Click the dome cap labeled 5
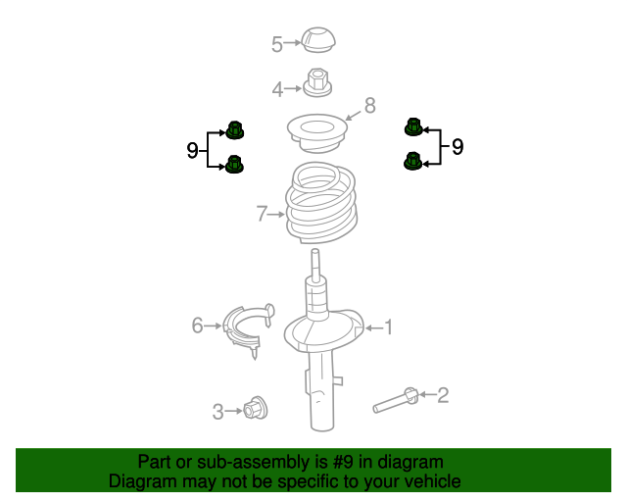(318, 39)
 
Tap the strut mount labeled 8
(317, 133)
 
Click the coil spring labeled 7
(321, 203)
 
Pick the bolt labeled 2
(396, 401)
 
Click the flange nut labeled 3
(255, 408)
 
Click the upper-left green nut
(235, 130)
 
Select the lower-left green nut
(234, 164)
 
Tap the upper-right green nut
(413, 126)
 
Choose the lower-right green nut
(412, 161)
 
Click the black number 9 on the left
(192, 151)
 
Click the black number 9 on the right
(458, 147)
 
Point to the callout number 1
(388, 327)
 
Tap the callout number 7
(262, 214)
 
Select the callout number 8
(370, 105)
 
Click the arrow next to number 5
(292, 42)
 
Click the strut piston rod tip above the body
(315, 251)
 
